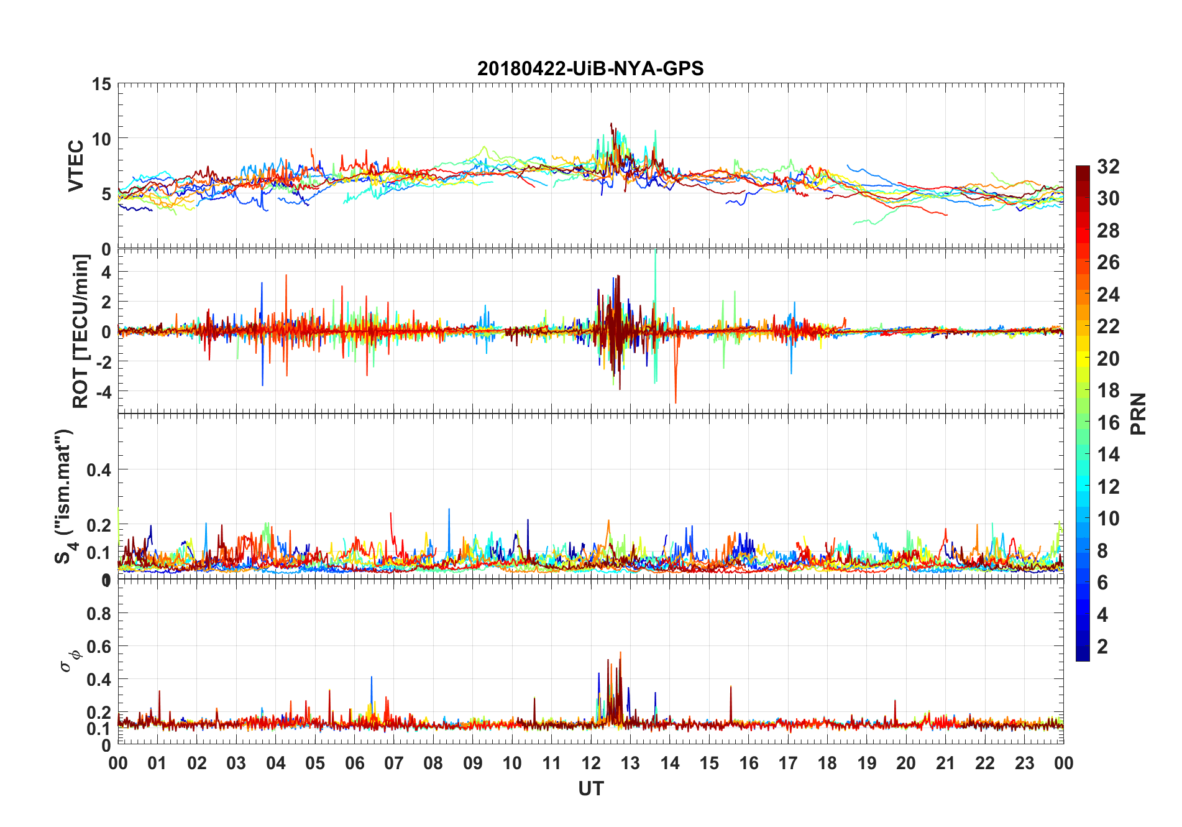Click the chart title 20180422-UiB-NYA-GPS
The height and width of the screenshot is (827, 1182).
coord(590,68)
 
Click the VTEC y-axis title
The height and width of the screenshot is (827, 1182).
coord(76,166)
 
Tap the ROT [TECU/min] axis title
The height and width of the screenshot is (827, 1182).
coord(81,331)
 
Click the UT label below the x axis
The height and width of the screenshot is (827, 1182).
coord(590,789)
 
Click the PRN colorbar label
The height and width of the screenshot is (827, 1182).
coord(1138,413)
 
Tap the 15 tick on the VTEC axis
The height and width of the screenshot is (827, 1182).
coord(102,84)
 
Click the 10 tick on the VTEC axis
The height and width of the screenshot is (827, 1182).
coord(102,139)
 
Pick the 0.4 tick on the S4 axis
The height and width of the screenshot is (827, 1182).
coord(99,469)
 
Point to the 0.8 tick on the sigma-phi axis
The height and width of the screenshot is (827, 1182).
coord(99,614)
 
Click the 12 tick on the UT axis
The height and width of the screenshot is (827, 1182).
coord(591,764)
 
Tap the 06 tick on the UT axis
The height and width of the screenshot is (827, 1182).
coord(355,764)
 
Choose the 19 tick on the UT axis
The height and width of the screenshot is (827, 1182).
coord(867,764)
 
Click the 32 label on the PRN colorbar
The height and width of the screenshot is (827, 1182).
coord(1108,166)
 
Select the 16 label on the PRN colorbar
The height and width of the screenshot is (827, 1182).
coord(1108,423)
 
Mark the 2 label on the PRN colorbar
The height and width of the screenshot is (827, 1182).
coord(1102,647)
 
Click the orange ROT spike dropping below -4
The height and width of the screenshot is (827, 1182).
coord(676,398)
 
